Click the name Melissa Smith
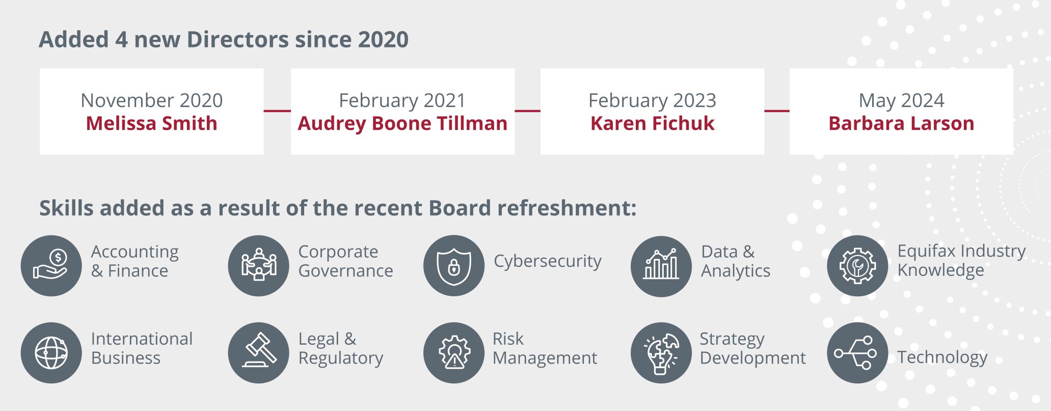151,123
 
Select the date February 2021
402,100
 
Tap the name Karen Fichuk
652,123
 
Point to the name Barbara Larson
901,123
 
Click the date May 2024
901,100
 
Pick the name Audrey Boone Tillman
402,123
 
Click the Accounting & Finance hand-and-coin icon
51,266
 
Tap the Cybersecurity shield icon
453,266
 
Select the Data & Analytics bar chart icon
661,266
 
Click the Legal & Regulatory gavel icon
258,352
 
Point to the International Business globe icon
51,352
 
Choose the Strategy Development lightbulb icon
661,352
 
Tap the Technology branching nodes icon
857,352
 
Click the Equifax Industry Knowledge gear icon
857,266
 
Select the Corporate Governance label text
345,261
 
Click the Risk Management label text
545,348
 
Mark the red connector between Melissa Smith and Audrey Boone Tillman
277,111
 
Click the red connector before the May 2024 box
777,111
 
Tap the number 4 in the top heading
121,39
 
